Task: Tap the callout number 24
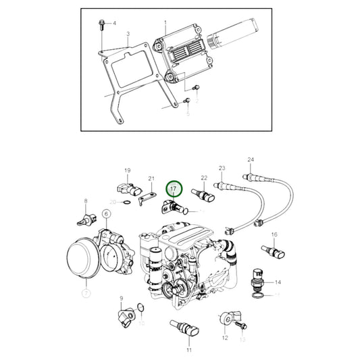pos(251,160)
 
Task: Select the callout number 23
pos(222,168)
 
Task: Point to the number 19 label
pos(126,170)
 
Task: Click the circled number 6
pos(106,214)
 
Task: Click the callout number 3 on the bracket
pos(128,34)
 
